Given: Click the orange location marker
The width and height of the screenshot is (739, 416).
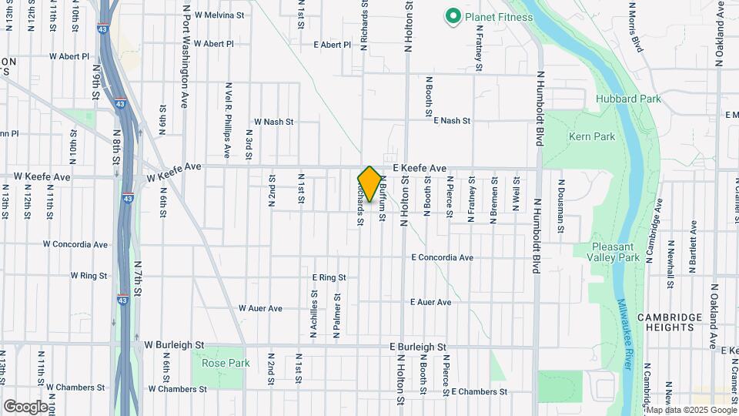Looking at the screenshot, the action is (369, 184).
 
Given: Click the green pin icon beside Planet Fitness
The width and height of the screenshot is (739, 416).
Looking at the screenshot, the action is (453, 15).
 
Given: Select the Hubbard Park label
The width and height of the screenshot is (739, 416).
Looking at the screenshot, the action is (628, 99).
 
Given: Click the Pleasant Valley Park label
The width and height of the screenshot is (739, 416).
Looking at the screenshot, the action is (615, 252).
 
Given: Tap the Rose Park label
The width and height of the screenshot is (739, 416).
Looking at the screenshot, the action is (226, 362).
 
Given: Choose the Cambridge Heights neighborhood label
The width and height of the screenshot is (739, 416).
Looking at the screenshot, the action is (669, 322).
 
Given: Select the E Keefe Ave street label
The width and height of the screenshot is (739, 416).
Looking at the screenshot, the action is (420, 168).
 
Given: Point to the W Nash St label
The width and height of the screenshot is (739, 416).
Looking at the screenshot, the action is (273, 122).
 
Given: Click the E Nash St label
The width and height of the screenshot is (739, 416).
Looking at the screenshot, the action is (451, 121).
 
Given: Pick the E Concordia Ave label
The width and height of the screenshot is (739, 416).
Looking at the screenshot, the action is (442, 257).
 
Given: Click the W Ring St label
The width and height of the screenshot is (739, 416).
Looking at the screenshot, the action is (88, 275).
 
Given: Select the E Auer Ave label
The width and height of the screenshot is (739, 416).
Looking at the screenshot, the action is (431, 302).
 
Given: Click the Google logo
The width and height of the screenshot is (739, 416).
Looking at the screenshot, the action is (25, 406).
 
